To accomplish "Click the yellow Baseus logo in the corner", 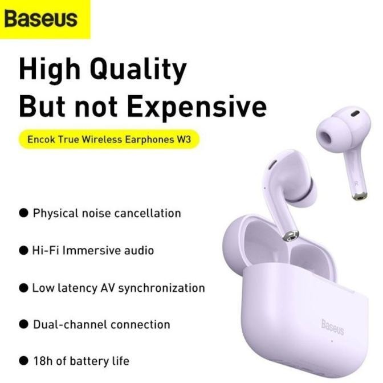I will [41, 19].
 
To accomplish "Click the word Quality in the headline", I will [140, 70].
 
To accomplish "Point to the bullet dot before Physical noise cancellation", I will [23, 213].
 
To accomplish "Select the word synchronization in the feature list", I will [161, 288].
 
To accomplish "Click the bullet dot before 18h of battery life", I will [23, 361].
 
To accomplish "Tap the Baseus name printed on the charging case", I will [332, 327].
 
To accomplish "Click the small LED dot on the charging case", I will [332, 342].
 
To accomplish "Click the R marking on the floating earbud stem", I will [356, 183].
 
